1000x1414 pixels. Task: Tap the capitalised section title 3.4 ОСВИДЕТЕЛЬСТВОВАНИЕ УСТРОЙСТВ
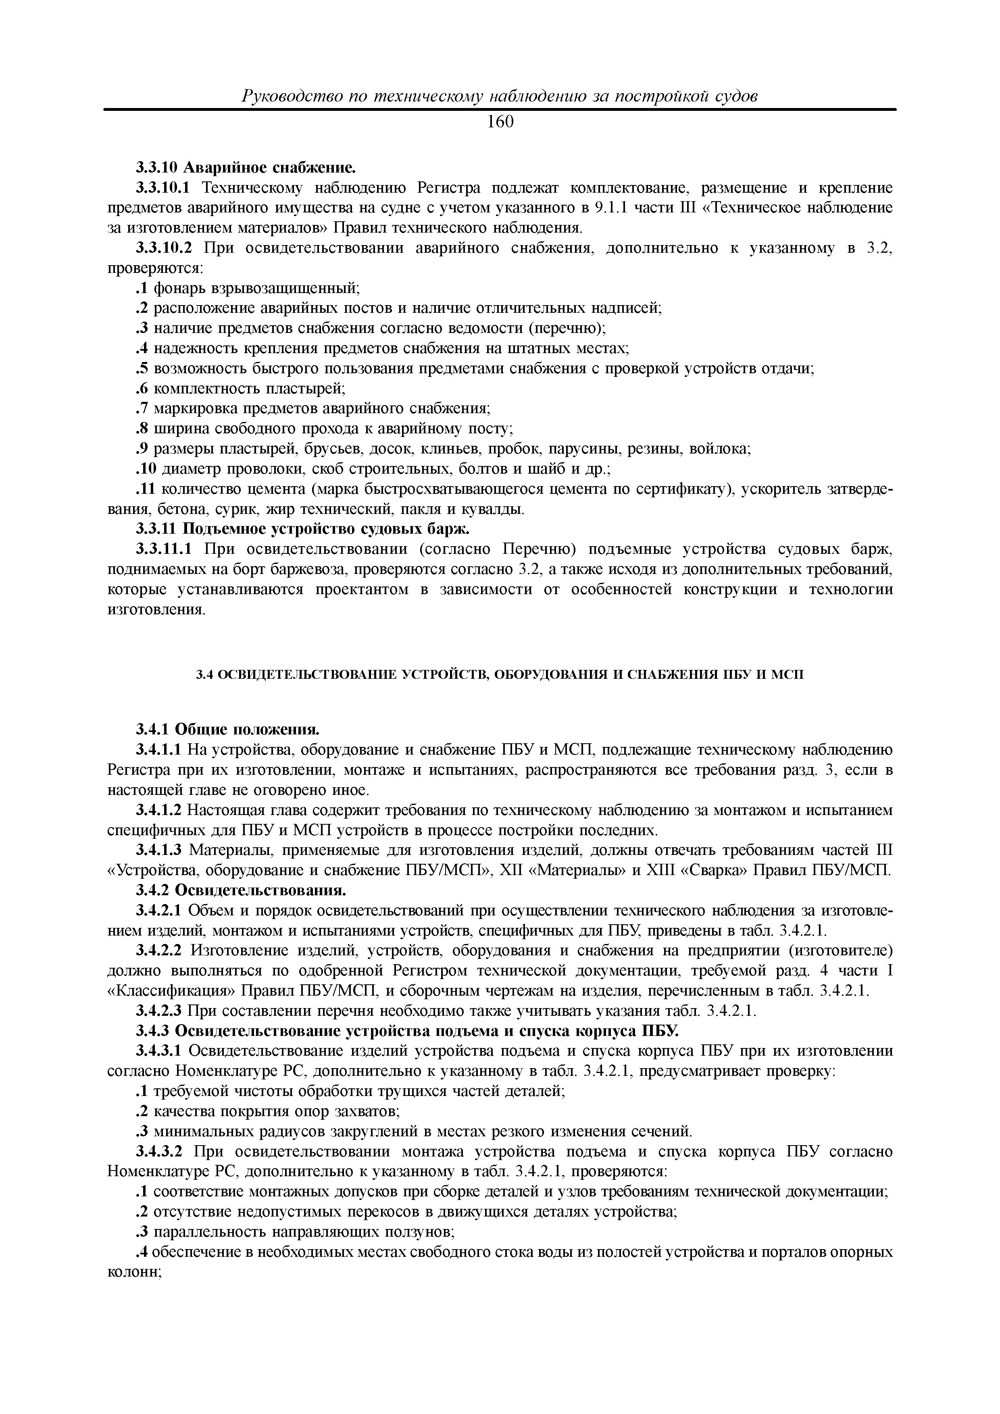tap(500, 675)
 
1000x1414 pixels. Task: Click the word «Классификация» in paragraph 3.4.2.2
tap(172, 991)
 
